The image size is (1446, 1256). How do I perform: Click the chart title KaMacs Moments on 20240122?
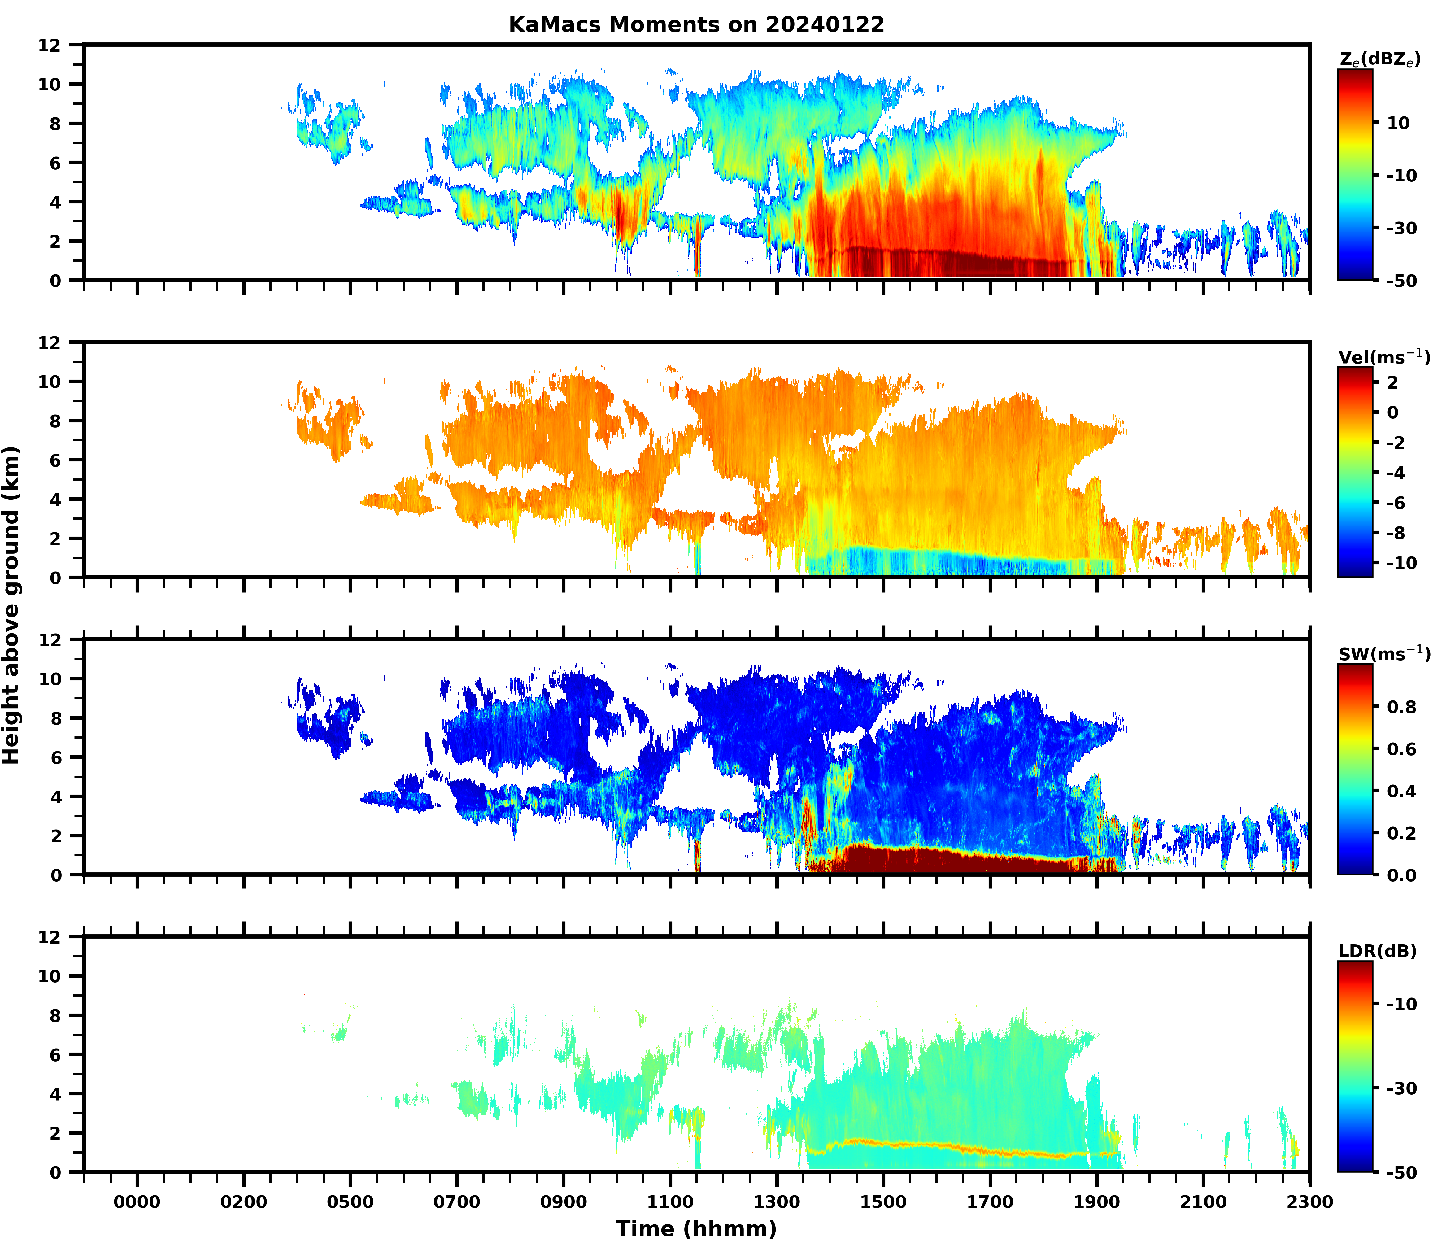[x=696, y=24]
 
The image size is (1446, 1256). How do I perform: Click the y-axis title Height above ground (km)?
[x=11, y=605]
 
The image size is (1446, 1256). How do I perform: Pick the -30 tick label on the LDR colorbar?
[x=1401, y=1088]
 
